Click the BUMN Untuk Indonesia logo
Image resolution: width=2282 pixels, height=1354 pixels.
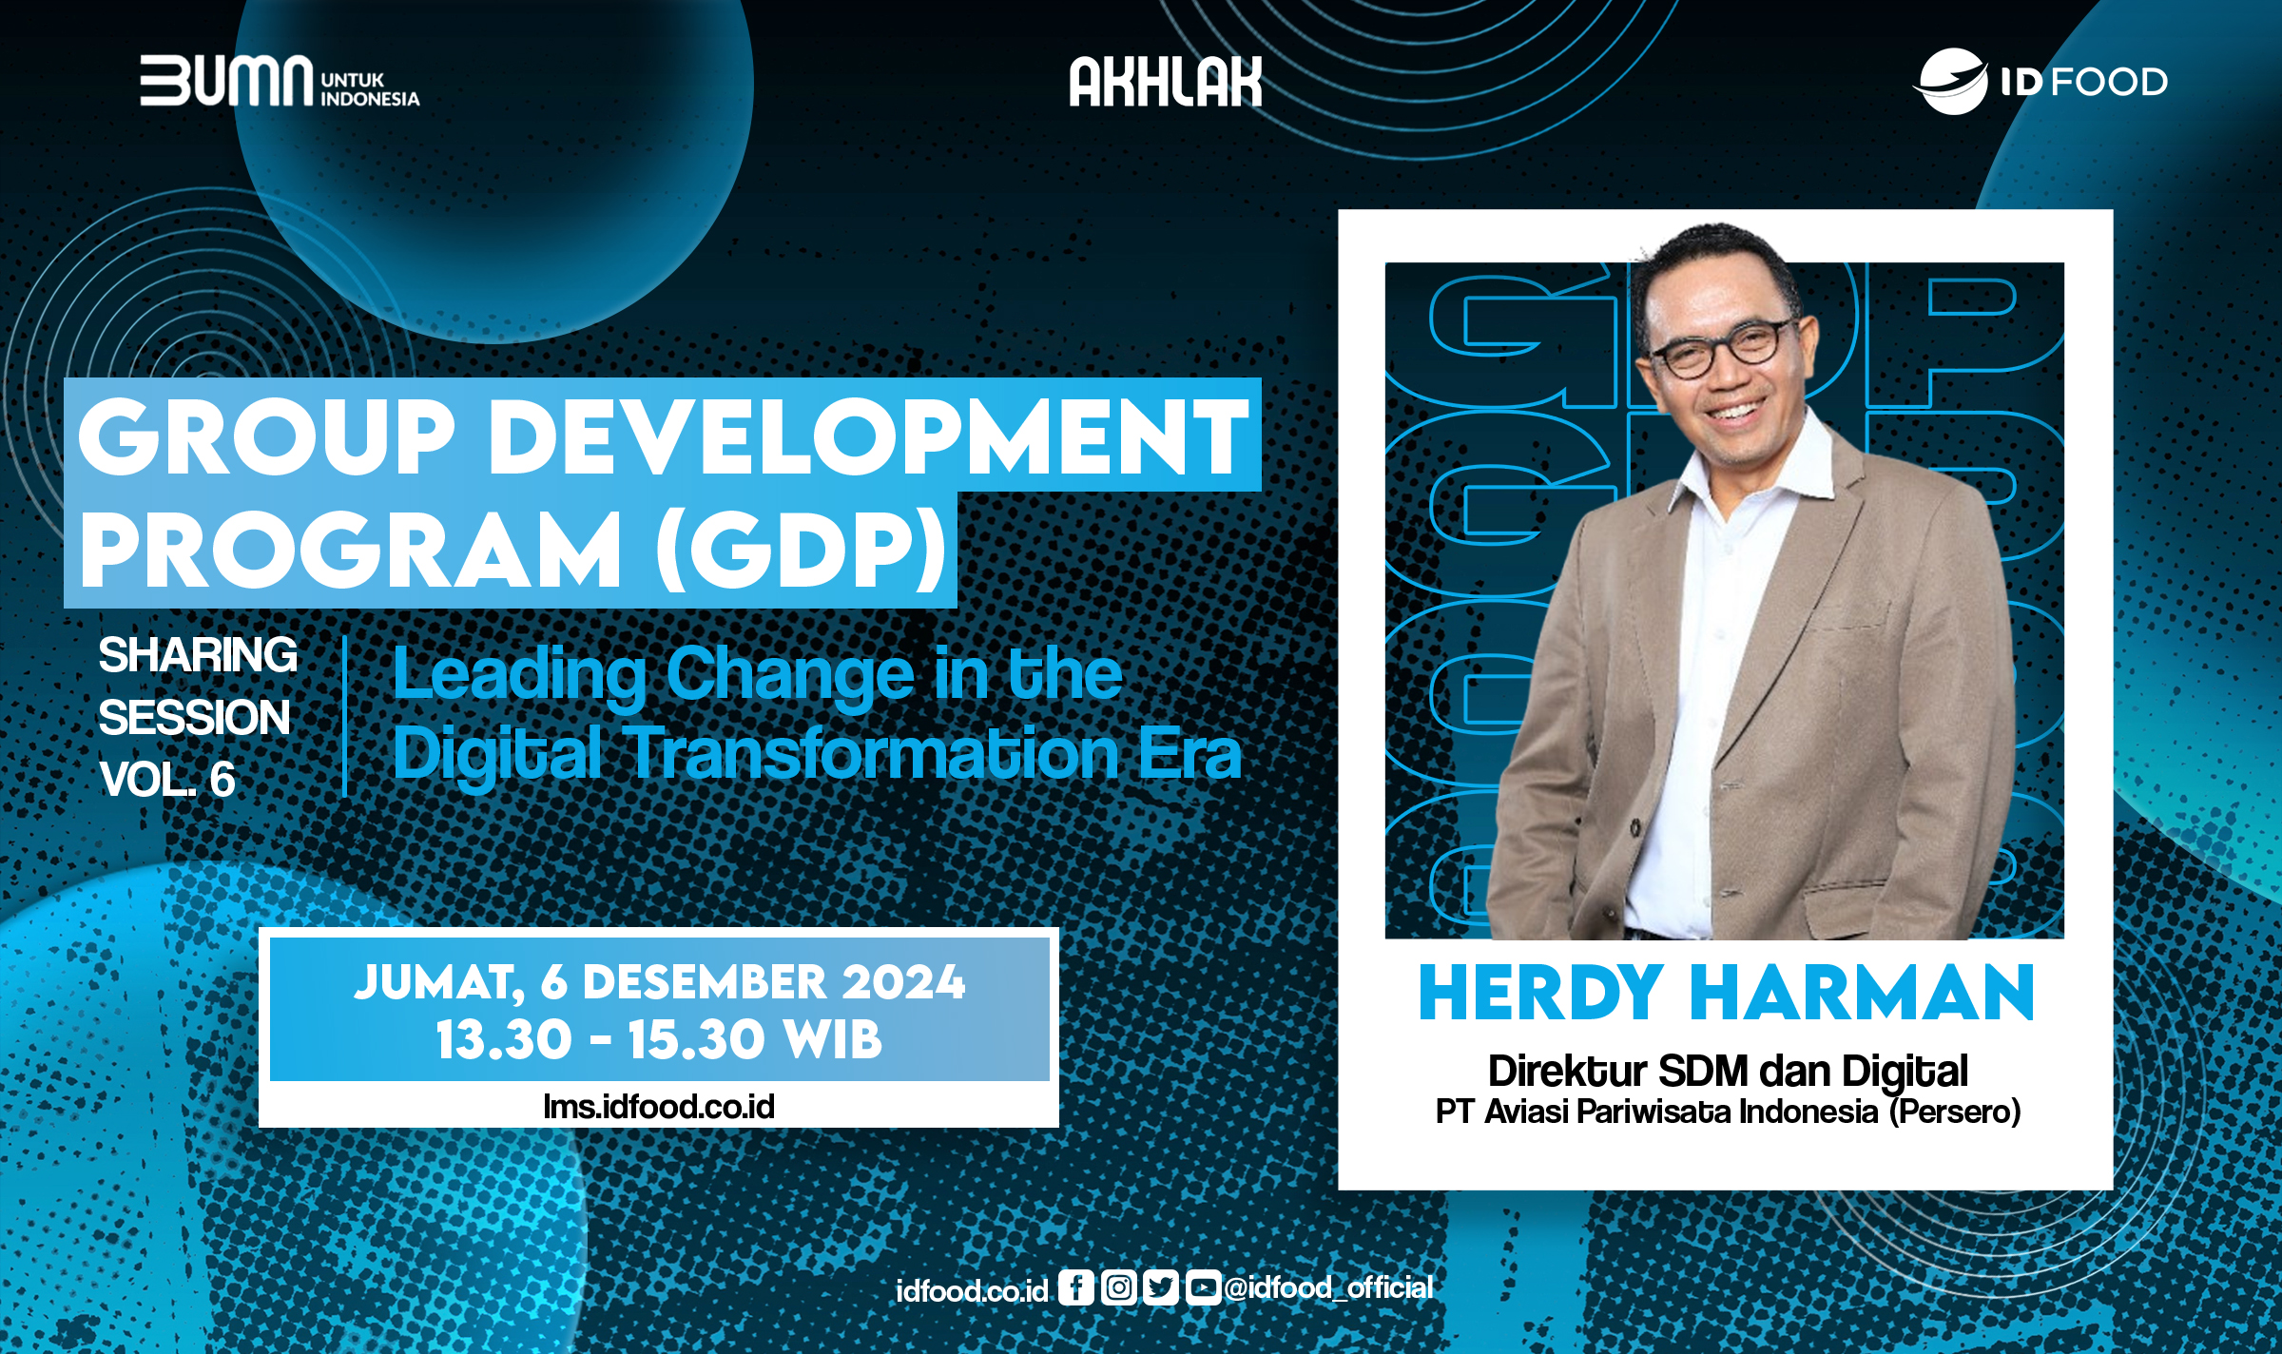pos(279,81)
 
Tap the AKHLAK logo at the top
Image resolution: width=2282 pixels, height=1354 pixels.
pos(1165,82)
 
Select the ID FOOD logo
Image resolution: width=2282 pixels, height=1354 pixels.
pos(2040,82)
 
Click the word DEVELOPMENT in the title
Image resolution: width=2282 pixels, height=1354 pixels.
pos(873,437)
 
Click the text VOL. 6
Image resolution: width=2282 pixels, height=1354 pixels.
pos(166,780)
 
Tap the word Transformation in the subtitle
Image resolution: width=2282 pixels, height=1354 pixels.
pos(875,754)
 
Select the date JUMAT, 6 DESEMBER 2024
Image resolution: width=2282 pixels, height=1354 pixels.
pos(659,982)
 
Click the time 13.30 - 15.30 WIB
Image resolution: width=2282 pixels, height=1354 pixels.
pos(659,1039)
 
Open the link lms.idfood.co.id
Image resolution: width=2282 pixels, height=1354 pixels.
pos(659,1107)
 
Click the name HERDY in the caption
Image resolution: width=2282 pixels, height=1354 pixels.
pos(1540,994)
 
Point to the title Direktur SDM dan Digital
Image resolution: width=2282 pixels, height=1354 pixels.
pos(1727,1072)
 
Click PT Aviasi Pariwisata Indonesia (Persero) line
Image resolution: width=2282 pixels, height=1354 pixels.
pos(1727,1112)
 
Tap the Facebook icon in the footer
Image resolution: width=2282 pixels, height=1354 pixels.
pos(1075,1287)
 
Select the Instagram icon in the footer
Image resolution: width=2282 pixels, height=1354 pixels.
pos(1118,1287)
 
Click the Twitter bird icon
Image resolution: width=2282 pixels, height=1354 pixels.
pos(1160,1287)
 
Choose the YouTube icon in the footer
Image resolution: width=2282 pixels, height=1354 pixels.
pos(1202,1287)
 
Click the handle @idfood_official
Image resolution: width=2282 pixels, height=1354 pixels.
pos(1328,1287)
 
